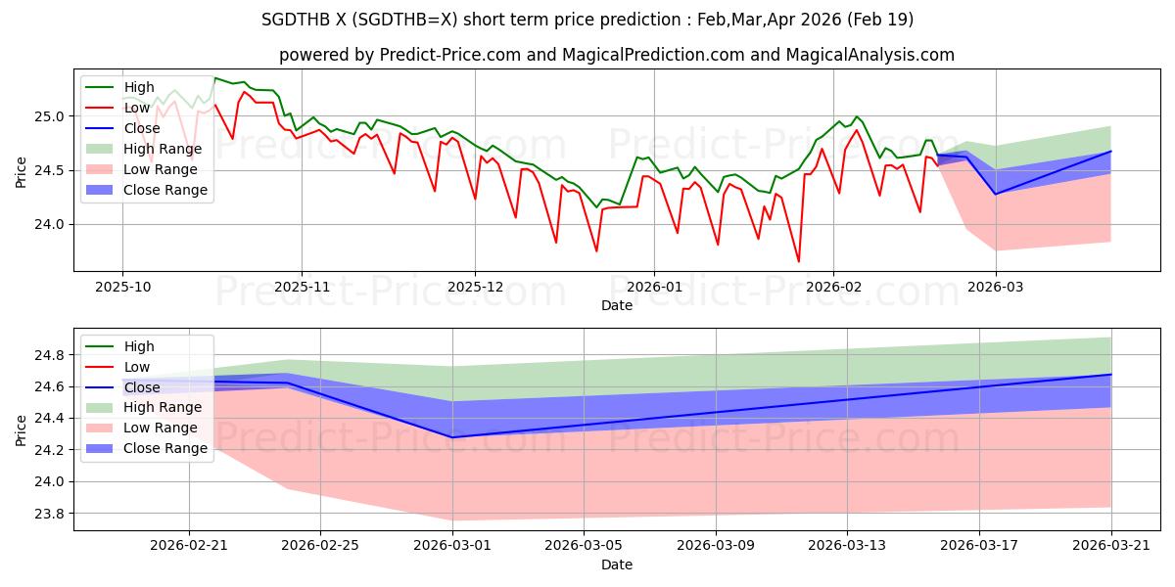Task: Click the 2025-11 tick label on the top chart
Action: coord(302,288)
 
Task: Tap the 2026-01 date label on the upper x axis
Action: coord(654,288)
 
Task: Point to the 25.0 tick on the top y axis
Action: coord(49,116)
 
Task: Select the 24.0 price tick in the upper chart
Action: coord(49,224)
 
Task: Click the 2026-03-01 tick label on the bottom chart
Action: coord(452,546)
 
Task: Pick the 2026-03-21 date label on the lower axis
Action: coord(1111,546)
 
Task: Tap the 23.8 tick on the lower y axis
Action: coord(49,514)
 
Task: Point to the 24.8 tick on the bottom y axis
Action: coord(49,355)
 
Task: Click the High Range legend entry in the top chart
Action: coord(144,149)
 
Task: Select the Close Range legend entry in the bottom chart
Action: coord(146,449)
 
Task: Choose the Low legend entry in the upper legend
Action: coord(117,108)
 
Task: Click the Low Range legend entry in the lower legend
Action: coord(142,429)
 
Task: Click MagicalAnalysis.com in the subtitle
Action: coord(870,55)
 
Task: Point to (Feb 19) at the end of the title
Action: coord(880,20)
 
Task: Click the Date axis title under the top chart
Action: coord(617,305)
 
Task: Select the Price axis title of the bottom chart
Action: coord(21,430)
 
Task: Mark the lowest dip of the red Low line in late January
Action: coord(799,261)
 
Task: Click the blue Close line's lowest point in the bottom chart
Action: coord(452,437)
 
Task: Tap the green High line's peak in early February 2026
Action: coord(856,116)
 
